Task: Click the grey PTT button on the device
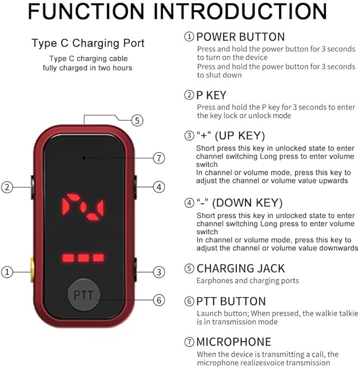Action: [84, 294]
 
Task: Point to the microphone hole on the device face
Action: [84, 158]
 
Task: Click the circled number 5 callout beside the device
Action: [137, 120]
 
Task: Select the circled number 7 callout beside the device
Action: [159, 158]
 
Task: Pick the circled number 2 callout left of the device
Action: [7, 187]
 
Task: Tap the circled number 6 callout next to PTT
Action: [159, 300]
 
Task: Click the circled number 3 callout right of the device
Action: [159, 272]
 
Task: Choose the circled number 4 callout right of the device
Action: [159, 187]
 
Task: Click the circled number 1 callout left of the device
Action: [7, 272]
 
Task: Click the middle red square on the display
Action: [83, 258]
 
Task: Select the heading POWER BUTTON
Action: [241, 37]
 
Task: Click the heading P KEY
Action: [211, 95]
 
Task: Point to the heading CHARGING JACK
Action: [241, 268]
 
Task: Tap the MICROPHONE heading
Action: [234, 341]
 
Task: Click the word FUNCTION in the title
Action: [86, 11]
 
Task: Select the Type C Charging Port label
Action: [88, 43]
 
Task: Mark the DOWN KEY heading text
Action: [248, 203]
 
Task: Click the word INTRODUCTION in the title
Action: [241, 11]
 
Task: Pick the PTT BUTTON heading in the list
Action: [231, 301]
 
